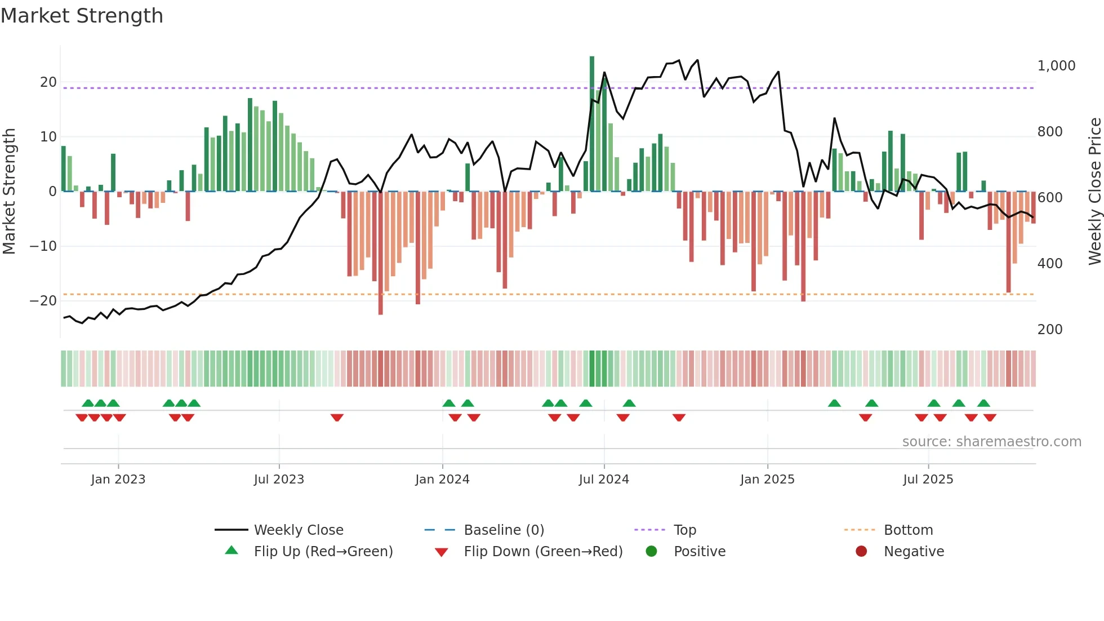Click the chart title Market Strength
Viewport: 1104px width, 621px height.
[x=82, y=16]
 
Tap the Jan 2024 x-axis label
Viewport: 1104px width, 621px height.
[x=442, y=480]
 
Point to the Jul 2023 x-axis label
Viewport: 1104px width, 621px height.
[x=279, y=480]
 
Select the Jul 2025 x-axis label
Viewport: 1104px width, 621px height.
[x=928, y=480]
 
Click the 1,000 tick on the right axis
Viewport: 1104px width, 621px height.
[x=1056, y=66]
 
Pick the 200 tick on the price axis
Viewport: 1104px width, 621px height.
[x=1050, y=330]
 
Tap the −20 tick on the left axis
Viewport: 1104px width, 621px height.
[x=43, y=301]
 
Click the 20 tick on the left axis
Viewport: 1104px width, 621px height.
[x=48, y=82]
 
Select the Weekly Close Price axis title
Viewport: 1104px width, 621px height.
[x=1094, y=192]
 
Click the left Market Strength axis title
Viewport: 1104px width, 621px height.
[x=9, y=192]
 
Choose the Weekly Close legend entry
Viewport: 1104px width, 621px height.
[x=298, y=530]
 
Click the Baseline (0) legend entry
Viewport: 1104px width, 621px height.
[x=504, y=530]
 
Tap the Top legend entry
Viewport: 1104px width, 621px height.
[x=684, y=530]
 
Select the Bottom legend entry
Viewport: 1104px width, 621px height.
[x=908, y=530]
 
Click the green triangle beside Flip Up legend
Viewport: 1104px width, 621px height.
[x=232, y=551]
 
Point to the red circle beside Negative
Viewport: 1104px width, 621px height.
[x=861, y=551]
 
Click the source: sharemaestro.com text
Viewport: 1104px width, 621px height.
[x=991, y=442]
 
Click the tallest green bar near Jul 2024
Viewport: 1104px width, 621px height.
[x=592, y=124]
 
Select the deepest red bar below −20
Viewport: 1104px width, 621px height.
[x=381, y=254]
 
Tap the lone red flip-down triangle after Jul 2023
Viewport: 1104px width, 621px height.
[x=337, y=418]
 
